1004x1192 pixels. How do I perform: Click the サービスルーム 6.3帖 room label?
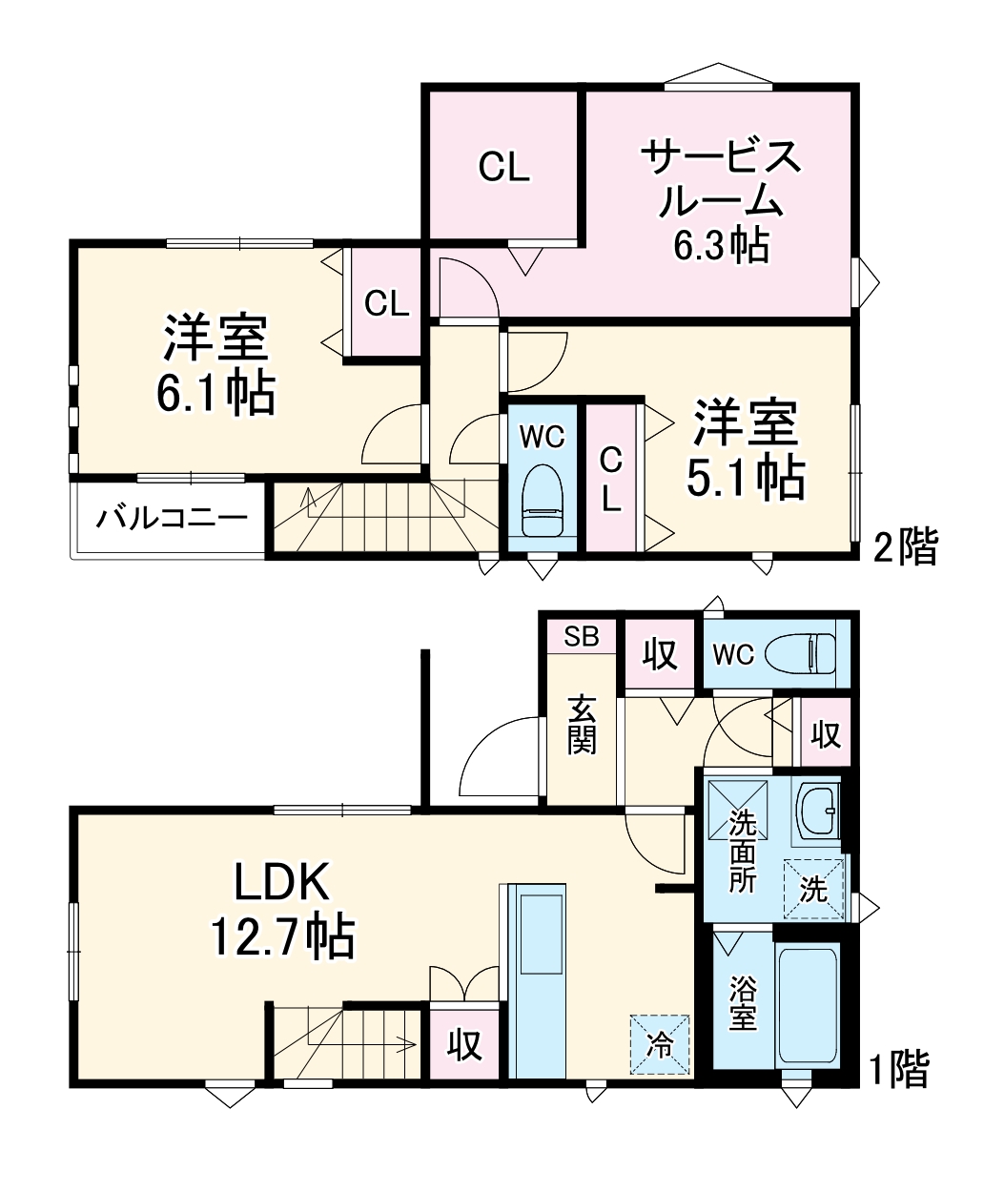point(721,201)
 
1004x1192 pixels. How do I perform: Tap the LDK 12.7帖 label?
point(282,910)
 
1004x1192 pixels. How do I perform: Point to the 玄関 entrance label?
point(582,725)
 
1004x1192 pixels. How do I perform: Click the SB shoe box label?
point(582,637)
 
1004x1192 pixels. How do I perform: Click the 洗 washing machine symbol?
point(813,889)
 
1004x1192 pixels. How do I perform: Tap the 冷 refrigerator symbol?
point(659,1043)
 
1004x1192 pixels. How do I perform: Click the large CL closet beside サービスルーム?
point(503,167)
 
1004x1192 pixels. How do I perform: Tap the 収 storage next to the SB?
point(659,654)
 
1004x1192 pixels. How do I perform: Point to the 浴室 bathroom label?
point(743,1003)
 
